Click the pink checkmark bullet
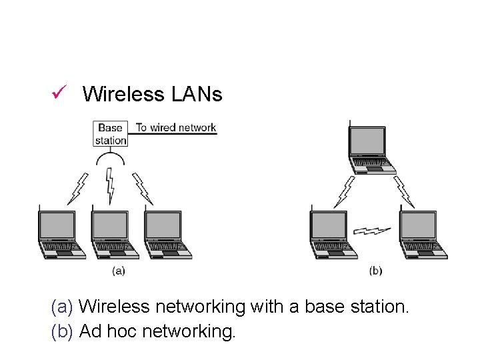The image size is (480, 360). click(57, 93)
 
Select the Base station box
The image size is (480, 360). click(111, 133)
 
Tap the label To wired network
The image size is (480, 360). click(176, 127)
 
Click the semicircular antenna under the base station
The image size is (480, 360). click(111, 158)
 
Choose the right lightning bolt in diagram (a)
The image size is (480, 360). click(143, 189)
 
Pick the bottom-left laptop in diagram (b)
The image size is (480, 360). click(331, 233)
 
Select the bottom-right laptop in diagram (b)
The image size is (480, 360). click(418, 233)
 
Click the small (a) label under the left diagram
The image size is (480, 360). click(118, 271)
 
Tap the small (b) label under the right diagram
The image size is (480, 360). click(375, 271)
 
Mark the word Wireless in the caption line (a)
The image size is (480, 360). click(114, 307)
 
